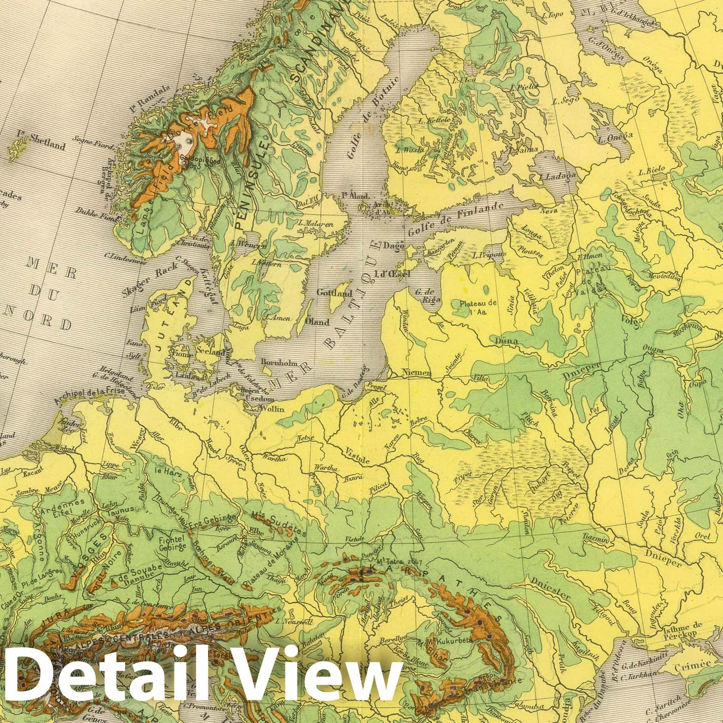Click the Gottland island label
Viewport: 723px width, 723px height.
334,293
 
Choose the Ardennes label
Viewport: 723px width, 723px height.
56,502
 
